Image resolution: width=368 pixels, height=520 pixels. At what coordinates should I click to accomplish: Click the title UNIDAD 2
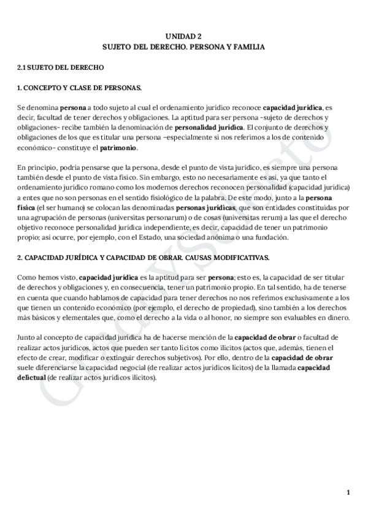[x=183, y=36]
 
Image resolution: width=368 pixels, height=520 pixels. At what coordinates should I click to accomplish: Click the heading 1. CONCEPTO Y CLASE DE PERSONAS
[x=80, y=88]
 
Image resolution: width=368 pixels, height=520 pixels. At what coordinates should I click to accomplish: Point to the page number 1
[x=348, y=492]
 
